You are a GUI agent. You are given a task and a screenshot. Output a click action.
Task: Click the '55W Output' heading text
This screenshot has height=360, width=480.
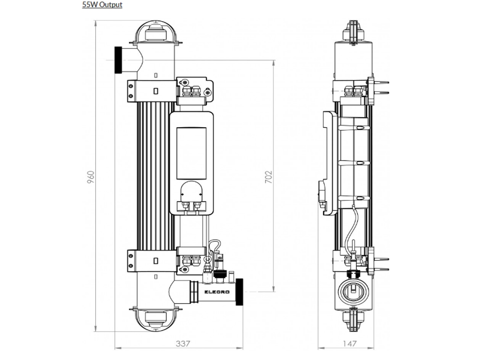[x=102, y=5]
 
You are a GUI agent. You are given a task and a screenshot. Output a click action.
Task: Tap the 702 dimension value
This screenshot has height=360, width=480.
[x=269, y=176]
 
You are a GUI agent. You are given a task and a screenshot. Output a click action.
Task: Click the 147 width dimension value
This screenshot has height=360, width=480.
[x=349, y=343]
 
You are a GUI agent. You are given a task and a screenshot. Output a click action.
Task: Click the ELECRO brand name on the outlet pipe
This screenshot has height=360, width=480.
[x=217, y=291]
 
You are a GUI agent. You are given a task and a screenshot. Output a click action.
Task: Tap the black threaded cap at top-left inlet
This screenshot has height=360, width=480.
[x=118, y=60]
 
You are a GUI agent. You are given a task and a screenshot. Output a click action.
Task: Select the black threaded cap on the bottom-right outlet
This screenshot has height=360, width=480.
[x=239, y=291]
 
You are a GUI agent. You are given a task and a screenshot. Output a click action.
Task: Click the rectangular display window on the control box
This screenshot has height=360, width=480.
[x=191, y=153]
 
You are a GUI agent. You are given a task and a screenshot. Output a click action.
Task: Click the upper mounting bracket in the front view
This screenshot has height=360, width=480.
[x=152, y=91]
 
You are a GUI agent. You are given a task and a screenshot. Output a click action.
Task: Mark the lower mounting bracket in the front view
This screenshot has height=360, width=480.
[x=152, y=261]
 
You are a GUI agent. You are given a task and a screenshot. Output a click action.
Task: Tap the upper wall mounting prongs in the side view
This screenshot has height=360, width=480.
[x=380, y=88]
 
